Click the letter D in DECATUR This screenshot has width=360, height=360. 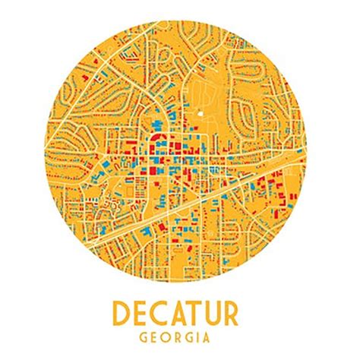click(x=123, y=314)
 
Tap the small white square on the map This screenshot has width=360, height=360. click(x=201, y=114)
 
